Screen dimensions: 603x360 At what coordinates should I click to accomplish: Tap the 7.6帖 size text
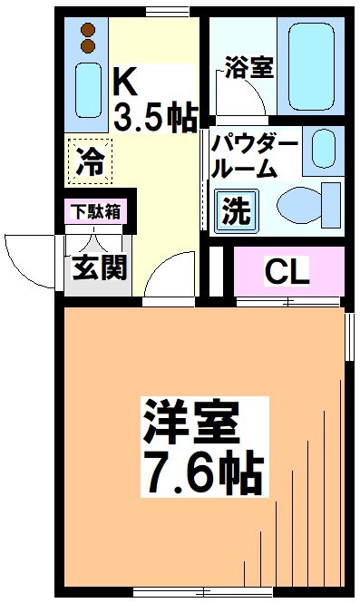(200, 470)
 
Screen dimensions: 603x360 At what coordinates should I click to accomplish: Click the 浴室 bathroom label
(248, 69)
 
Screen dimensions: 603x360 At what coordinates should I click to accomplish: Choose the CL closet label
(286, 270)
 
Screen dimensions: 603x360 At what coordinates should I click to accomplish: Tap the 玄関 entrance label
(100, 268)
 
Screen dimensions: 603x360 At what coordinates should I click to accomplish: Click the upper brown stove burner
(88, 28)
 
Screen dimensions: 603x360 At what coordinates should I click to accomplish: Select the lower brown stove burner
(88, 44)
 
